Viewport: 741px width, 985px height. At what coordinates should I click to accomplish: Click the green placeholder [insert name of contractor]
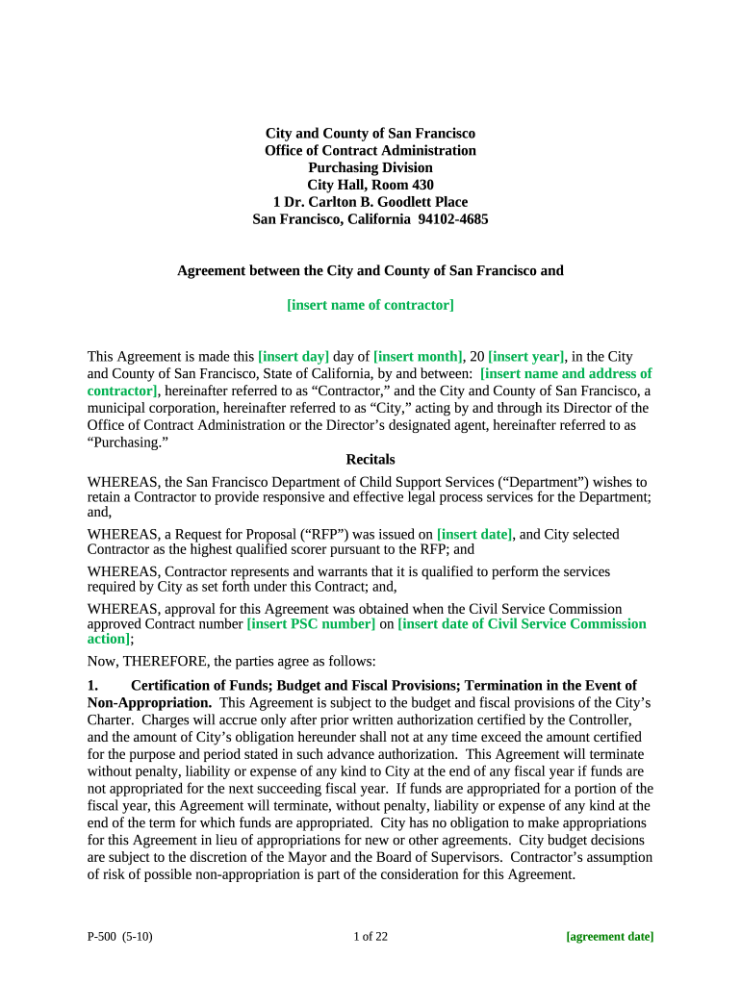pyautogui.click(x=370, y=305)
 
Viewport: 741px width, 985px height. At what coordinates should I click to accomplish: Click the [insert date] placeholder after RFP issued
pyautogui.click(x=474, y=534)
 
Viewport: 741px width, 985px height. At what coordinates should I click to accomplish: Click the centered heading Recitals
pyautogui.click(x=370, y=460)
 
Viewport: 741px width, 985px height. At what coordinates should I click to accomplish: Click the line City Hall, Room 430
pyautogui.click(x=370, y=185)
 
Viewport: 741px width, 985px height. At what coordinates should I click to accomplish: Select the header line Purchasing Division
pyautogui.click(x=370, y=167)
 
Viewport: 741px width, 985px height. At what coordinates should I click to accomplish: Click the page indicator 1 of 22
pyautogui.click(x=370, y=936)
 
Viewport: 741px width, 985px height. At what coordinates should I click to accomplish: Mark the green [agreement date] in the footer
pyautogui.click(x=609, y=936)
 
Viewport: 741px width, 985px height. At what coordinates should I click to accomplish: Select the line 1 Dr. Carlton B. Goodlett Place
pyautogui.click(x=370, y=202)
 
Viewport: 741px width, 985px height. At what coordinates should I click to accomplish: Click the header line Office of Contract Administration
pyautogui.click(x=370, y=150)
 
